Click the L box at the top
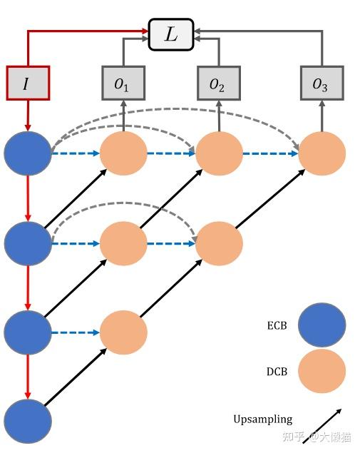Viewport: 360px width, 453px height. coord(171,35)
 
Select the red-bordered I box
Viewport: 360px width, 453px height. coord(28,83)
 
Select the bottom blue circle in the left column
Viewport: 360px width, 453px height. coord(28,422)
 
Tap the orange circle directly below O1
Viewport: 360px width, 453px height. coord(123,153)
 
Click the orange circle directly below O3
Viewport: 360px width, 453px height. coord(322,153)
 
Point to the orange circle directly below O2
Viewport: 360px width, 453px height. coord(219,153)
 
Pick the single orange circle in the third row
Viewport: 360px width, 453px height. coord(123,332)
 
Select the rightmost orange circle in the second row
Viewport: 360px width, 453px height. coord(219,243)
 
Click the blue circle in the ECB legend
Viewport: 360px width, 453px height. coord(322,325)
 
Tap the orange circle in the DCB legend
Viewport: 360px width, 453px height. coord(322,371)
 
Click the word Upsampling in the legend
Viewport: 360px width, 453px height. coord(262,419)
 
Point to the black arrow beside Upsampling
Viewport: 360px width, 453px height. coord(322,425)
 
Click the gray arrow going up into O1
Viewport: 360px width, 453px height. coord(123,114)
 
